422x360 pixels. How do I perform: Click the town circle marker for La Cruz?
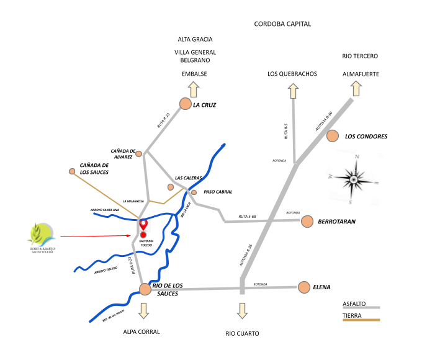185,104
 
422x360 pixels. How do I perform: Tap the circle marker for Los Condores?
333,136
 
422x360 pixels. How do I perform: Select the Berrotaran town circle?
307,221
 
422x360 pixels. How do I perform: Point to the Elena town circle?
303,287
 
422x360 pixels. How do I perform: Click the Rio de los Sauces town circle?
145,289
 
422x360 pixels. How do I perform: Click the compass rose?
352,180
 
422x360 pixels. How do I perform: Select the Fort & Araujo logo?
41,238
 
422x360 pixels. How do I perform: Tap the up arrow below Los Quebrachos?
292,91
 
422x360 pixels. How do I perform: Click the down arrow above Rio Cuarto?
242,310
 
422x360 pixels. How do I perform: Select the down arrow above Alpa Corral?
145,309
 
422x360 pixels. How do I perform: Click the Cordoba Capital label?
282,24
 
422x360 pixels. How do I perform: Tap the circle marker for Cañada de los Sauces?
72,171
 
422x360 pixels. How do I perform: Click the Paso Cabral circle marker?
194,192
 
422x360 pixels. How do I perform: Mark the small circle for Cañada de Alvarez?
138,153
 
